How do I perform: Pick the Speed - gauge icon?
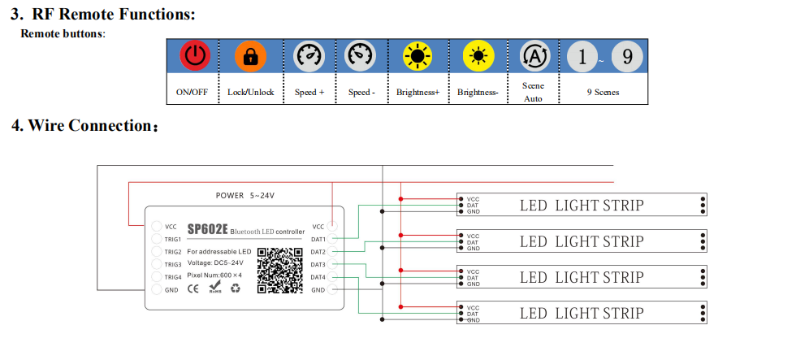361,56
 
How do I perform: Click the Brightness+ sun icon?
417,56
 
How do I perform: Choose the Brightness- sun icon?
478,56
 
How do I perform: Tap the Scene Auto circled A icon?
534,56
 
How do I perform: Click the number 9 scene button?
627,56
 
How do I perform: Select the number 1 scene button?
582,56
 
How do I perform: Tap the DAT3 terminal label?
318,265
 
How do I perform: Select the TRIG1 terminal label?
173,240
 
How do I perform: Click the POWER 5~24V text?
245,196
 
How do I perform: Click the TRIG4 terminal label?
173,277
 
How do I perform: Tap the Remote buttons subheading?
63,33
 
